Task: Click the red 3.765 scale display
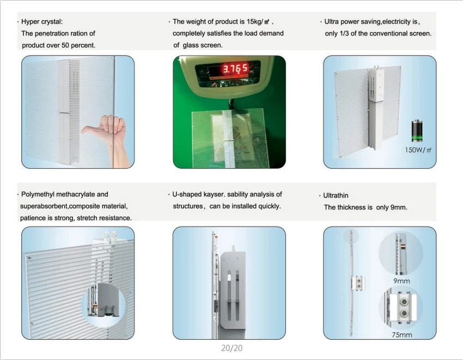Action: (235, 69)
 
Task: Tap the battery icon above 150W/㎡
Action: (417, 131)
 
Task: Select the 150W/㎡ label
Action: (418, 150)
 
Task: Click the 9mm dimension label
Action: (401, 281)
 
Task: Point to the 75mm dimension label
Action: (401, 335)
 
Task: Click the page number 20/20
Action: (232, 348)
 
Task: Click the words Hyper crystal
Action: (42, 22)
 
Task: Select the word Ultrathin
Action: (336, 196)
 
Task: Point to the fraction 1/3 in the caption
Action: (344, 33)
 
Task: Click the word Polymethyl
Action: (38, 194)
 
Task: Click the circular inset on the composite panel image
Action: (103, 304)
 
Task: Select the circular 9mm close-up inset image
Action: (401, 253)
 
